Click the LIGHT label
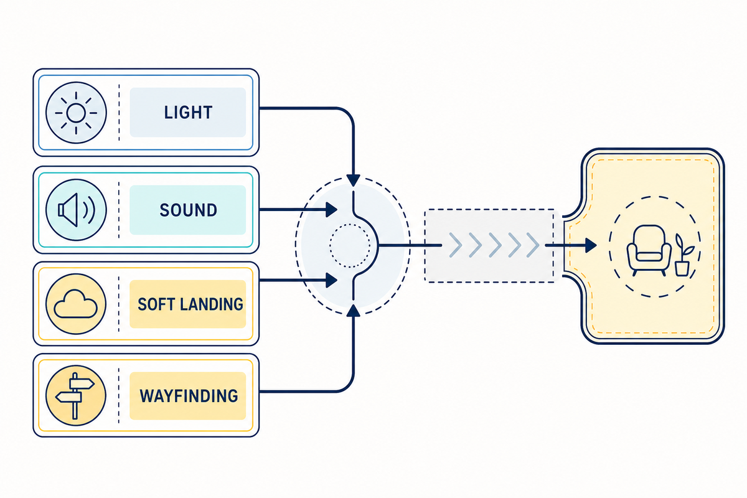188,113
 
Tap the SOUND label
188,210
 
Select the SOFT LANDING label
190,304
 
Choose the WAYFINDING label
189,396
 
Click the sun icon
76,113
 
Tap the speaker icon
77,210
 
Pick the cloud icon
75,304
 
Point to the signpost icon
75,395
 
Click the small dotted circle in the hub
350,245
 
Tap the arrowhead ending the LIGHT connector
353,180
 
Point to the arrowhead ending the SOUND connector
331,210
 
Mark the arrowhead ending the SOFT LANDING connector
331,280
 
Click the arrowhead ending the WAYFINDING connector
353,311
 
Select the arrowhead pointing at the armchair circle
591,245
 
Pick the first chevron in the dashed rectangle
456,245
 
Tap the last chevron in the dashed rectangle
533,245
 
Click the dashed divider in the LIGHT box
119,113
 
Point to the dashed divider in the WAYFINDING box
119,395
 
